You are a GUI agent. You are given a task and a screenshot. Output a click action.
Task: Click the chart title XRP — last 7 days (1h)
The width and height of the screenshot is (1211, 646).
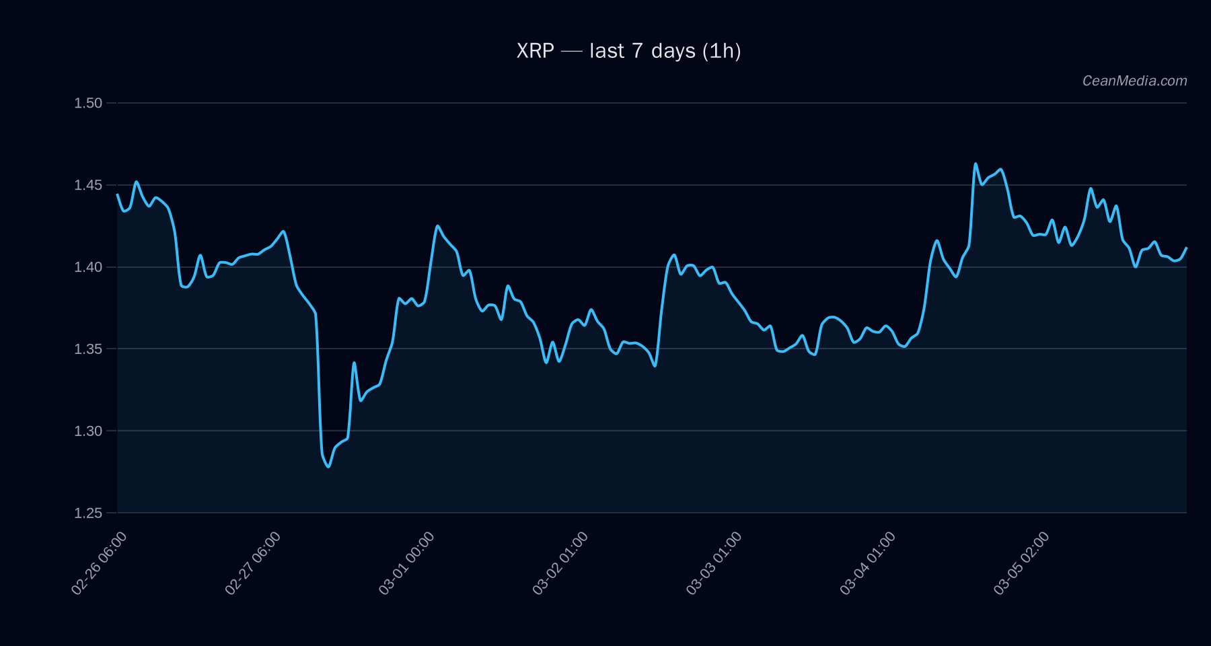(628, 51)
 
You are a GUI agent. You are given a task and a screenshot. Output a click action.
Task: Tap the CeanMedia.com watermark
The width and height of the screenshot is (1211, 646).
(1134, 81)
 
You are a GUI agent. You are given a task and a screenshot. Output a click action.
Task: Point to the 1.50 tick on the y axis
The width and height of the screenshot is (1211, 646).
(88, 103)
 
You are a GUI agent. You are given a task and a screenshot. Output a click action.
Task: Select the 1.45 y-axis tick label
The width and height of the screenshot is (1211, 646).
(88, 185)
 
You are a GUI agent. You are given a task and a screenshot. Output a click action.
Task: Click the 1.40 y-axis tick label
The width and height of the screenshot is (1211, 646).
(88, 267)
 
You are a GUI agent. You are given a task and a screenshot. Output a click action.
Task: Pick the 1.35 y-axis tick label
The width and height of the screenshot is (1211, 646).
(88, 349)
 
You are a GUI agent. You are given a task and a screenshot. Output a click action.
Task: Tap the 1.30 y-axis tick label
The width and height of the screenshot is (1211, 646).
(88, 431)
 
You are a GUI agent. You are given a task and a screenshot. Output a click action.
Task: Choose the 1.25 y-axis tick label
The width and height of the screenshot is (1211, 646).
(88, 513)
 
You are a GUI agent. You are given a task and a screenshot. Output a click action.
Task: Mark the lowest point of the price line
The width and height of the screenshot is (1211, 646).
(328, 466)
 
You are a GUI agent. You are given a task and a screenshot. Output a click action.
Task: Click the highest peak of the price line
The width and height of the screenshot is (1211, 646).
(976, 164)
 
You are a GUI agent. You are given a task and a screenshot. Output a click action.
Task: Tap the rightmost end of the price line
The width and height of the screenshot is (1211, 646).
(1186, 248)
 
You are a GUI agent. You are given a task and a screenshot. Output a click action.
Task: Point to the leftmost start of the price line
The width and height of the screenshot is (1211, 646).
(118, 194)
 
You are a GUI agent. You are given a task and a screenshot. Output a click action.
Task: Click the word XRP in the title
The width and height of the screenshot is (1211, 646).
(536, 51)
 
